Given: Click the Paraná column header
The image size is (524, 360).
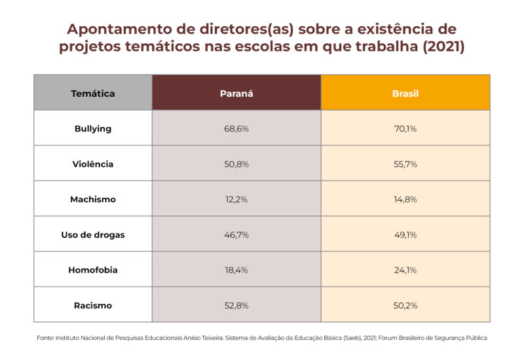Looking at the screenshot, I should (x=236, y=93).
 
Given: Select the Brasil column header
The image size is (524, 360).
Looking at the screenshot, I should (x=405, y=93).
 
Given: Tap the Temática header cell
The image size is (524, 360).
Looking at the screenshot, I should (x=93, y=93).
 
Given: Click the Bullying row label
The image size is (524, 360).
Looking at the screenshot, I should (x=93, y=128).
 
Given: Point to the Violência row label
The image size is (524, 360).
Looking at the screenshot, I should (x=93, y=164).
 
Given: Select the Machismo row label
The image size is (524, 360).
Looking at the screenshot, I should (x=93, y=199).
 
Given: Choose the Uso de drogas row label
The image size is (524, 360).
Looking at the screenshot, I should (x=93, y=234).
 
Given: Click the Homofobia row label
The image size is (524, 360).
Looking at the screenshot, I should (x=93, y=270).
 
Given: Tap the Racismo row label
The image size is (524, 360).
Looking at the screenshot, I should (x=93, y=305).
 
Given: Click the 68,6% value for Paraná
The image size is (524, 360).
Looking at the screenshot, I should (x=236, y=128).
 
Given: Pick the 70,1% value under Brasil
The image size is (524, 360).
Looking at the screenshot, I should (x=405, y=128).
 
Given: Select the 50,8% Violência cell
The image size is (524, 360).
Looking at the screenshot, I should (x=236, y=164).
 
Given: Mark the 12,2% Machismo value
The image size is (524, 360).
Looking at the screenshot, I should (x=236, y=199).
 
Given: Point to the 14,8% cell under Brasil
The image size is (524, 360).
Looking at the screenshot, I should (x=405, y=199).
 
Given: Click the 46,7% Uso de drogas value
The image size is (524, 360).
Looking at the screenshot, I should (x=236, y=234).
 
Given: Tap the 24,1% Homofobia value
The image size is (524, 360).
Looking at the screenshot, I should (x=405, y=270).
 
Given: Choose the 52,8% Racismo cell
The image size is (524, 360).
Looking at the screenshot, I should (x=236, y=305).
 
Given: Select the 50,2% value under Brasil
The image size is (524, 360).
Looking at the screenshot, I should (x=405, y=305).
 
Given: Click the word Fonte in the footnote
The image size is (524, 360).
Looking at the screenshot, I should (x=46, y=338).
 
